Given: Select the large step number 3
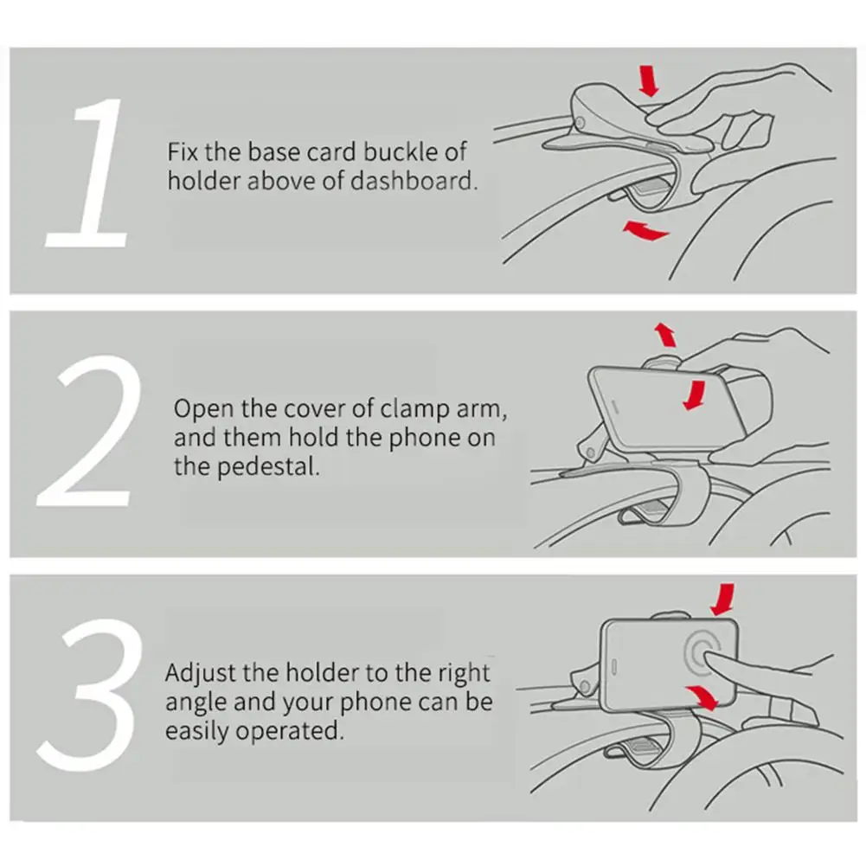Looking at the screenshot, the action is tap(88, 695).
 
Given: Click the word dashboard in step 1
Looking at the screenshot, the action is tap(414, 181).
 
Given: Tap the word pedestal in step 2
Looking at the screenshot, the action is tap(268, 466).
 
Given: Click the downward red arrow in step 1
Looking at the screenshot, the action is tap(648, 81).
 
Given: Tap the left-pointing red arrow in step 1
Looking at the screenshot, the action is tap(645, 230).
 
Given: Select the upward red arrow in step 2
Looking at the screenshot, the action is tap(665, 334).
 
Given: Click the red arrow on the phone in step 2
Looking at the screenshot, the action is tap(696, 395).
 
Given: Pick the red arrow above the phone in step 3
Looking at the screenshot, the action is tap(723, 599).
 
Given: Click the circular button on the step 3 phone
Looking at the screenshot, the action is tap(702, 651).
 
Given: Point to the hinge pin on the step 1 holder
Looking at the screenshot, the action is tap(580, 123).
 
